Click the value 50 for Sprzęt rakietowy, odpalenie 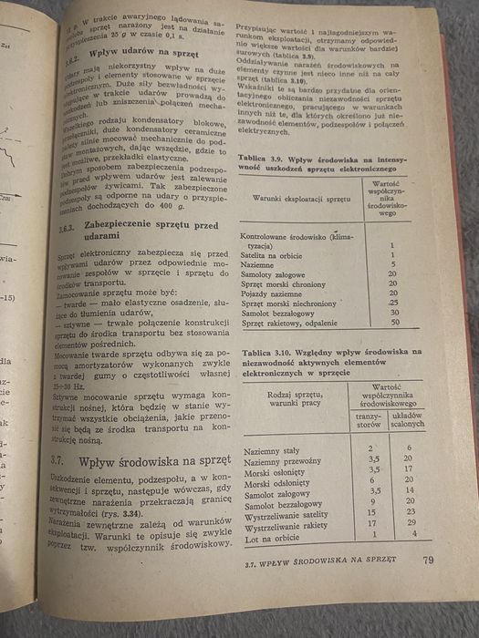(394, 322)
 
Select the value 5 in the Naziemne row (391, 262)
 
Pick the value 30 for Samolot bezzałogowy (393, 312)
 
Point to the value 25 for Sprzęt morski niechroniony (393, 302)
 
